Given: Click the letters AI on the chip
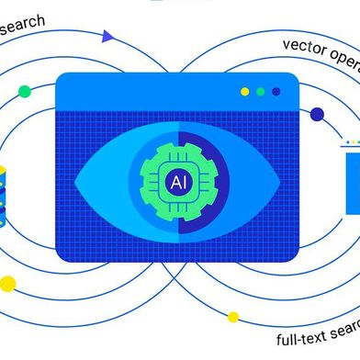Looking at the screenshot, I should click(177, 183).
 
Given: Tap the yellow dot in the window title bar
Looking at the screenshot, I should click(244, 92).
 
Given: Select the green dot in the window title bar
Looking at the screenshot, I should click(261, 92).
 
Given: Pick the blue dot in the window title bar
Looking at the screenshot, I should click(277, 92).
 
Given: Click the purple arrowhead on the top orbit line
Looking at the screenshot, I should click(108, 37).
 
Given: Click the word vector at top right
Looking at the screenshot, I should click(306, 43).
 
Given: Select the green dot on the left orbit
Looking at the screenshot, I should click(24, 91).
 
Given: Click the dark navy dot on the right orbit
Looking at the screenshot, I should click(317, 114).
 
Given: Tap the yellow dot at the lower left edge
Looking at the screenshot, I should click(8, 283).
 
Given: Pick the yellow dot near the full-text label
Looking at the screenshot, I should click(233, 317).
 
